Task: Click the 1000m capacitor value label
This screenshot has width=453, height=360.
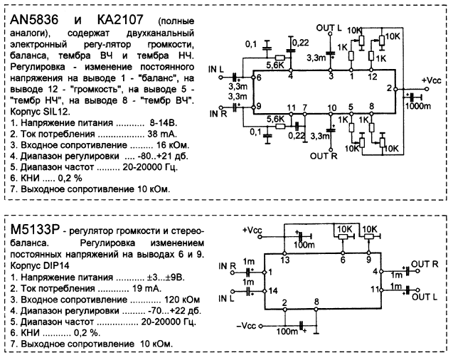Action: (x=417, y=105)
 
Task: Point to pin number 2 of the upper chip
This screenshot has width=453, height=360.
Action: (x=388, y=88)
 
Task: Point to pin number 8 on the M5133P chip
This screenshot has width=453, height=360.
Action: (x=318, y=304)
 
